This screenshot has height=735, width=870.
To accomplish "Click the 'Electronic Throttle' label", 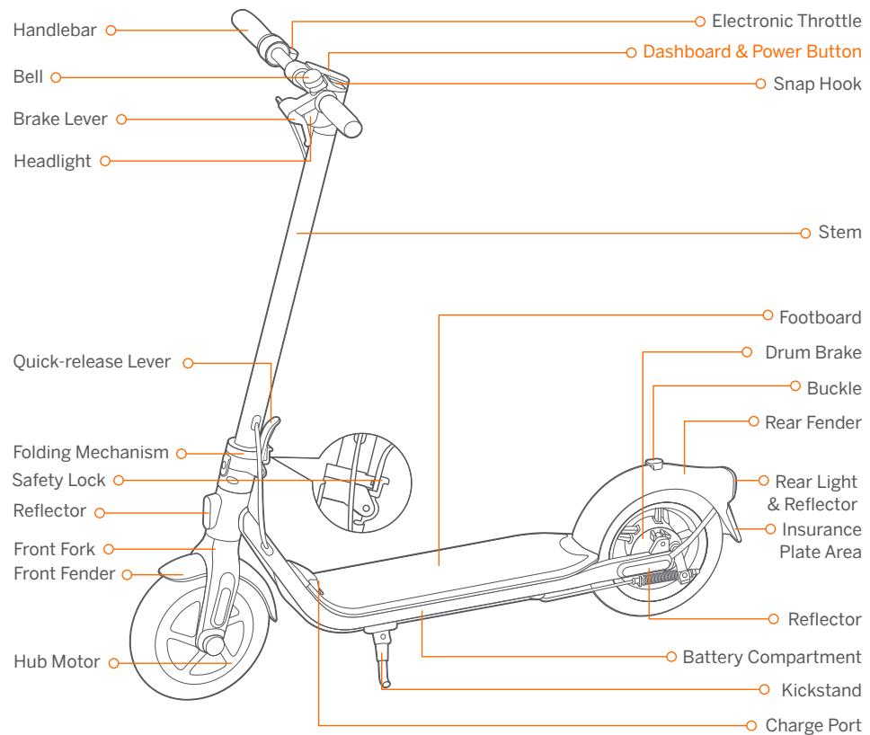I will pos(785,20).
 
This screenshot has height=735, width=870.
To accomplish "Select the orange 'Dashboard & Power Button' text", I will pos(751,52).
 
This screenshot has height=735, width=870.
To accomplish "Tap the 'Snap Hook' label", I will pos(817,84).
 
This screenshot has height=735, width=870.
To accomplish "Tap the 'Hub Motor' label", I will pos(55,663).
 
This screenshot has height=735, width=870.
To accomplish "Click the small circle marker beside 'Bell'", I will pos(56,78).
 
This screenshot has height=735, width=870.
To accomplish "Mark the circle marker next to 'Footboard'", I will pos(768,315).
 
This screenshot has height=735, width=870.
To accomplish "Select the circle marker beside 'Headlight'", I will pos(105,161).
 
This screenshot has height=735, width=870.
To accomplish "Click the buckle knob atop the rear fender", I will pos(654,465).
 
